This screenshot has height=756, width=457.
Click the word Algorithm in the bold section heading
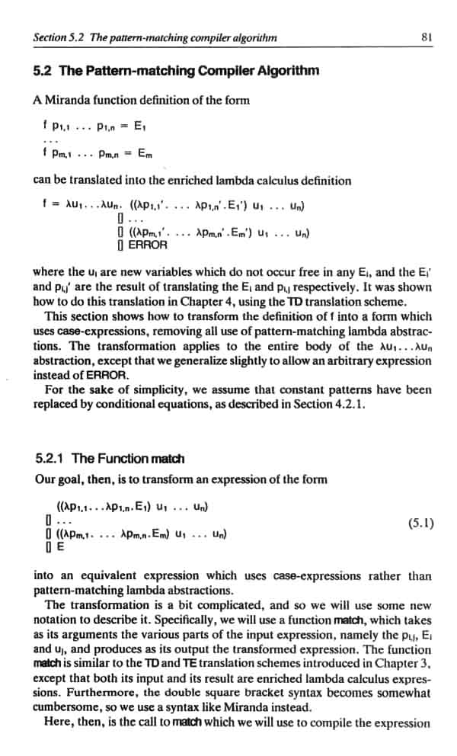pyautogui.click(x=284, y=72)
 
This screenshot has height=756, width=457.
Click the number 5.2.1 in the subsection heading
pyautogui.click(x=51, y=458)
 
